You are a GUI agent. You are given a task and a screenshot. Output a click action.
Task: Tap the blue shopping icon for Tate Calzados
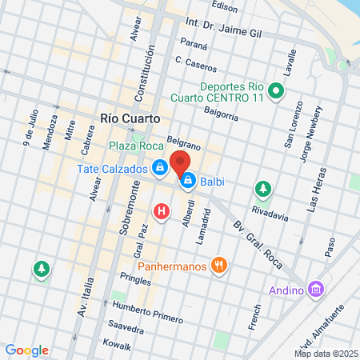tap(160, 168)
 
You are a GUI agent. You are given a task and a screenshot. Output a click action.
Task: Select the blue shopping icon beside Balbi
tap(187, 182)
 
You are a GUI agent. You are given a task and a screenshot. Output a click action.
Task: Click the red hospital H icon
tap(162, 212)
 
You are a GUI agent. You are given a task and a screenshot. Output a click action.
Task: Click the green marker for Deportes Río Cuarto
tap(275, 91)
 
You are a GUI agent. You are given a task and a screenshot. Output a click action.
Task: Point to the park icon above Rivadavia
tap(262, 189)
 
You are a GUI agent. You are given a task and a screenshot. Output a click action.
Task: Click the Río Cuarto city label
tap(130, 118)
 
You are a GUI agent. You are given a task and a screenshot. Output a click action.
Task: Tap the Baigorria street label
tap(221, 116)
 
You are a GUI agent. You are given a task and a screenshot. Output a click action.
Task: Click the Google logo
tap(27, 350)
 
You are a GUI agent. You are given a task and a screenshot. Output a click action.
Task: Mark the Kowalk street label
tap(117, 345)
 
